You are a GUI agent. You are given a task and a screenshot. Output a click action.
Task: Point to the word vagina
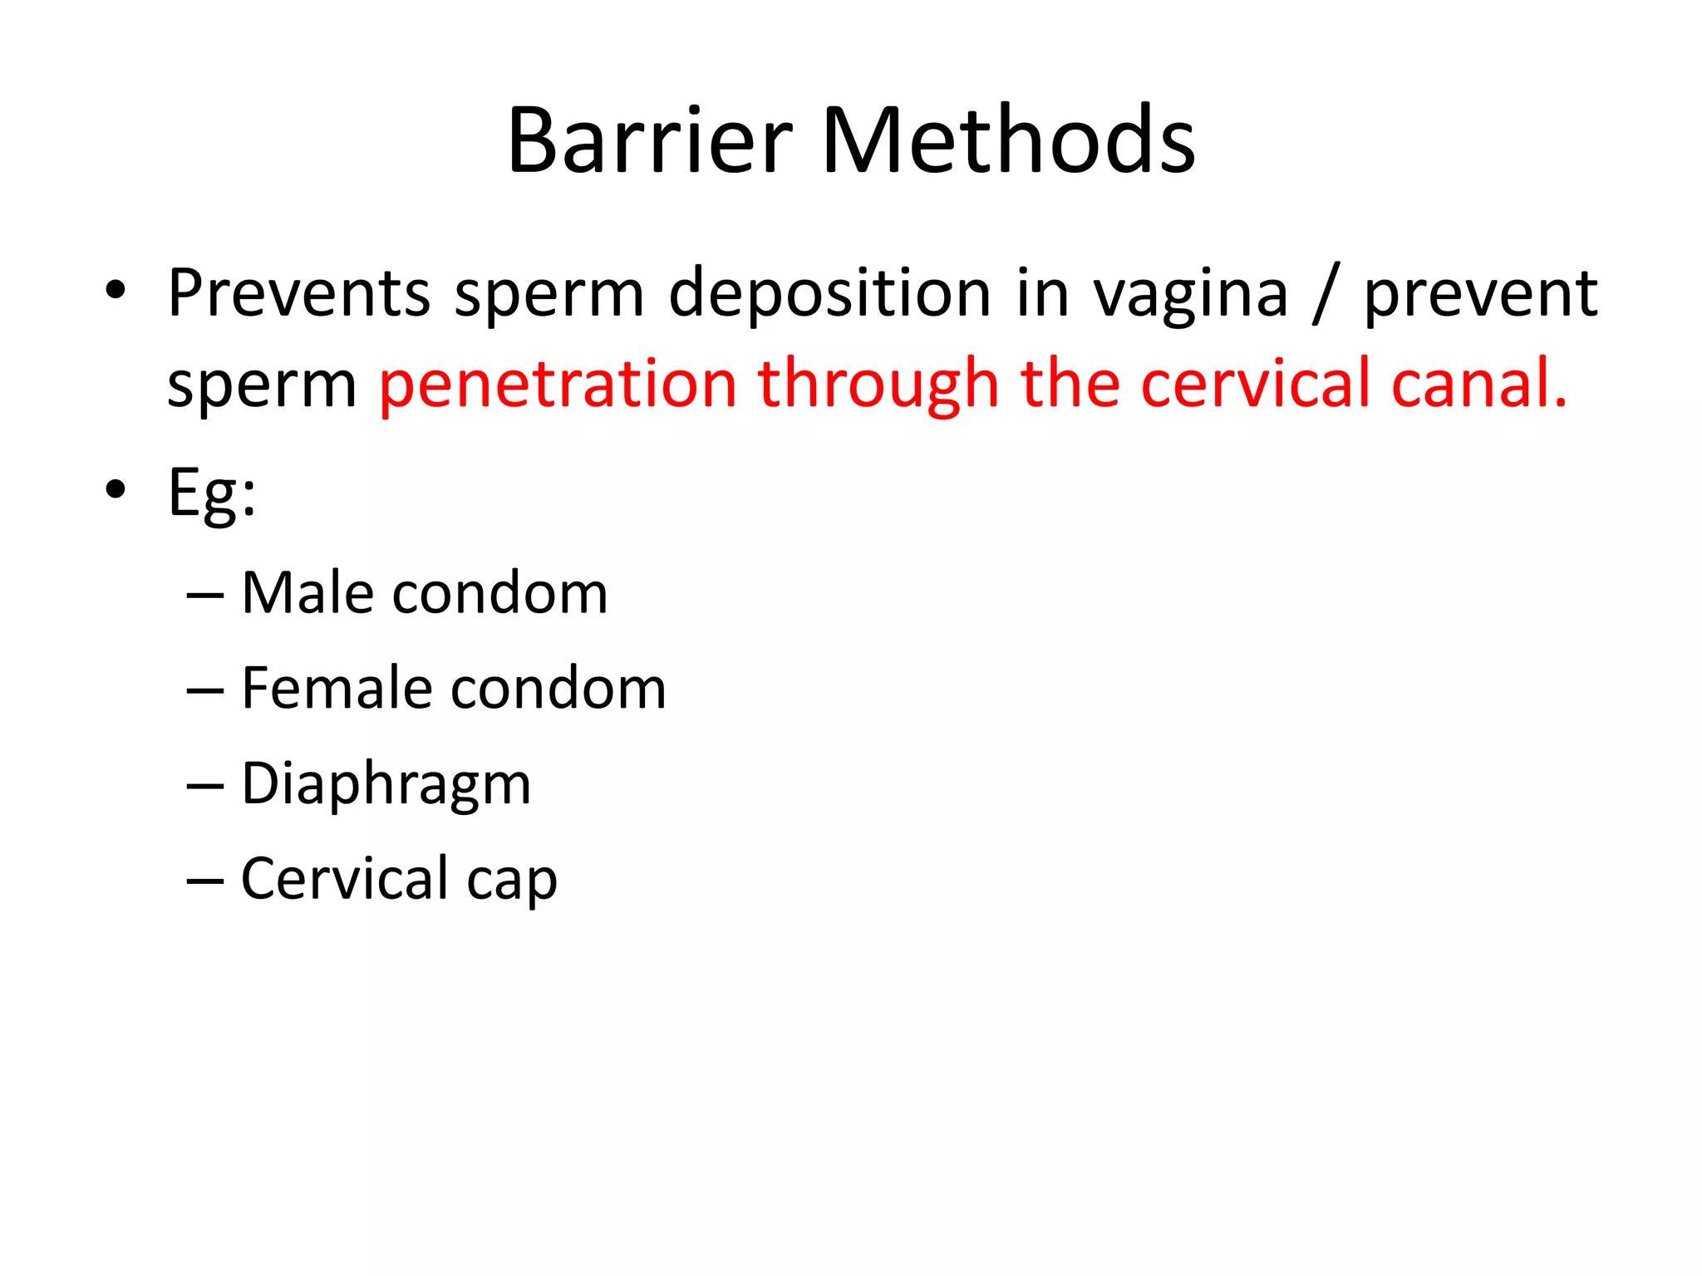[1189, 296]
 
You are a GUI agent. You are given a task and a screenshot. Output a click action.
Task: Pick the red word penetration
[558, 384]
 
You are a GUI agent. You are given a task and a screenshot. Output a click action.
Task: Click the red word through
[878, 384]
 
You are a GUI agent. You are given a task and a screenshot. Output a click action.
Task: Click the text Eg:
[212, 493]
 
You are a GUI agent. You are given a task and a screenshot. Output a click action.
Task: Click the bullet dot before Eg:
[116, 490]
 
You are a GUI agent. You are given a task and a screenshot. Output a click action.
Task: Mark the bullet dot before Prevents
[116, 291]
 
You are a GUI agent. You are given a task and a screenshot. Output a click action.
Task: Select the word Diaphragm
[386, 784]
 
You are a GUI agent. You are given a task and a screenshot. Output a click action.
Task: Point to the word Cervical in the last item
[344, 878]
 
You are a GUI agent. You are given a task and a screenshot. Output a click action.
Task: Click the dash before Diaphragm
[204, 786]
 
